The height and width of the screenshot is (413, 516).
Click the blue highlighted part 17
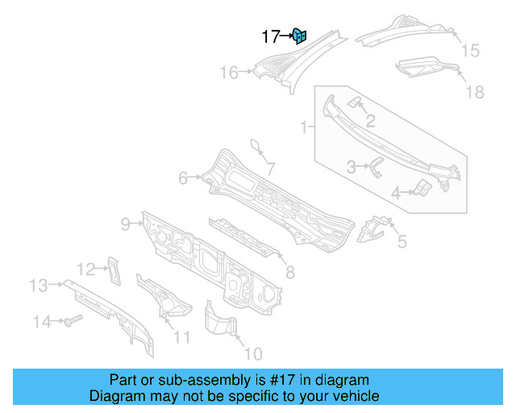click(x=299, y=35)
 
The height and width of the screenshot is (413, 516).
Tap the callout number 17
click(x=270, y=36)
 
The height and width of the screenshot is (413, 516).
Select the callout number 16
click(x=229, y=73)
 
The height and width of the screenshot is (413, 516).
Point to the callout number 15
click(x=469, y=51)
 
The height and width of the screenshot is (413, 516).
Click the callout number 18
click(x=474, y=92)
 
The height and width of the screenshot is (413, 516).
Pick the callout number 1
click(x=305, y=127)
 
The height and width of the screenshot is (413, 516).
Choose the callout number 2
click(x=370, y=122)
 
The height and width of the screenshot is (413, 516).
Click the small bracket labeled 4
click(x=422, y=189)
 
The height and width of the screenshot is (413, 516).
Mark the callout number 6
click(x=183, y=177)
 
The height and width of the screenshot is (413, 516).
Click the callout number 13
click(x=39, y=285)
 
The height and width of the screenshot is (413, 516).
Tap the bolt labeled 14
click(x=69, y=321)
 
